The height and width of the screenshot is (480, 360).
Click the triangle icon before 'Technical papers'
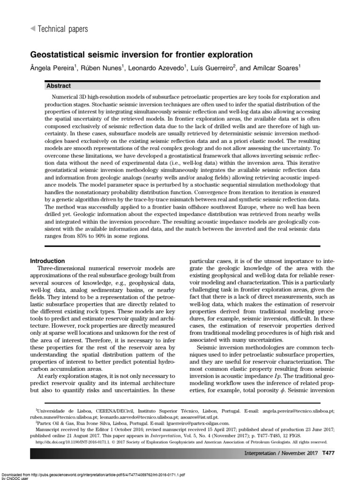tap(32, 29)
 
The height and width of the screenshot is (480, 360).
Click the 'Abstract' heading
tap(59, 86)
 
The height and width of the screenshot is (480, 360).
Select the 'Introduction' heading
tap(48, 261)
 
